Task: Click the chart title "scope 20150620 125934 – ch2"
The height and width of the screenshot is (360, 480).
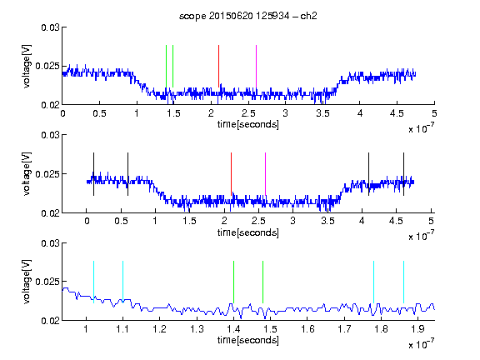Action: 248,16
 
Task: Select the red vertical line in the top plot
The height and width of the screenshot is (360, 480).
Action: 218,66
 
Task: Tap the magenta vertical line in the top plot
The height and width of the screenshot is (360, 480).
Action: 256,67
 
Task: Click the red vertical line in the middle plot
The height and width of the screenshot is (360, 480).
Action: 231,174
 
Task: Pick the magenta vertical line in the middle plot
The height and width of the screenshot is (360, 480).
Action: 265,174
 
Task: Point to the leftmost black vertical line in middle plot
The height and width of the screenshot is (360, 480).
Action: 93,174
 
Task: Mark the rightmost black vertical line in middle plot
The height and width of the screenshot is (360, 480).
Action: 403,174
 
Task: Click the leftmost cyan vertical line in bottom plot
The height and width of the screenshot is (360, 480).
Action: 93,282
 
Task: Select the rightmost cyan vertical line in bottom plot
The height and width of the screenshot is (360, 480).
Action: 403,282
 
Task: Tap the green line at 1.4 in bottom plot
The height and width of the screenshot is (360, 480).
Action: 233,282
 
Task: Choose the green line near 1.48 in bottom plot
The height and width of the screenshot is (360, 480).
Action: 262,282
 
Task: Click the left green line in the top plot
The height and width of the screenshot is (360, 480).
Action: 166,67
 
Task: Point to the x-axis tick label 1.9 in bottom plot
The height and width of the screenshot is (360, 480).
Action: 417,329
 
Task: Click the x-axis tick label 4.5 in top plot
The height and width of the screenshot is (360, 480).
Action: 397,113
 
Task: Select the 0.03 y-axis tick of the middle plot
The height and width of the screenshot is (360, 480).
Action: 51,135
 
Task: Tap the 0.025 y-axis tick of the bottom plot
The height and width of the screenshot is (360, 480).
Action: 47,282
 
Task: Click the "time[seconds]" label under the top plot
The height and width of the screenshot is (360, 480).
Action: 248,125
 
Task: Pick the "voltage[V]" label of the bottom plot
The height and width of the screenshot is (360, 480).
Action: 27,282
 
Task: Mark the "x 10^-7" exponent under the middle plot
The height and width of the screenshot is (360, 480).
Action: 421,236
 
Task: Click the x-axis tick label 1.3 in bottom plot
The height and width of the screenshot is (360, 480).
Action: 197,329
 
